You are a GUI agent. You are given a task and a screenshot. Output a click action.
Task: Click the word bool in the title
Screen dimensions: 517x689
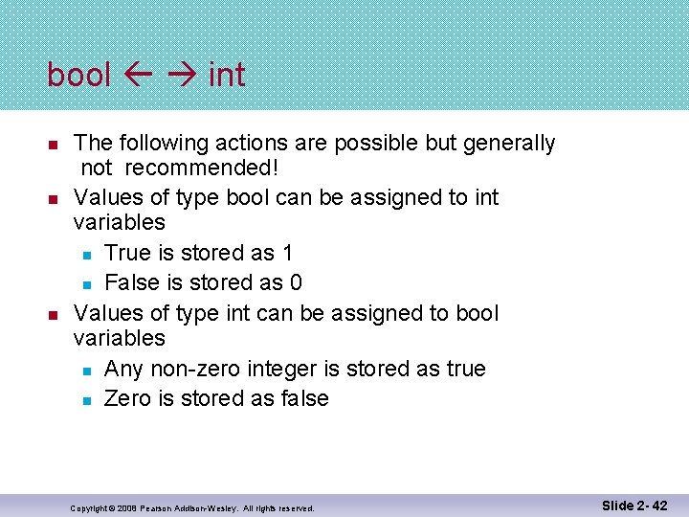[79, 75]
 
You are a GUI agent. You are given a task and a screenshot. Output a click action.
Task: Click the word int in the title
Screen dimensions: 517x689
[227, 75]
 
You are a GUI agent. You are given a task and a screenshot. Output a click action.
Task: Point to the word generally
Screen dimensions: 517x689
[508, 144]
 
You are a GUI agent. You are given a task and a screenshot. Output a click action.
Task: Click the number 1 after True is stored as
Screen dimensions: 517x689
[287, 253]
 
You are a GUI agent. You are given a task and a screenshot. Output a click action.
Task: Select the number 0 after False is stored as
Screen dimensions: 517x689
[296, 282]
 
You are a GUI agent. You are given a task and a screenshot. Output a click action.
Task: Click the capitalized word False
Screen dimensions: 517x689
[130, 282]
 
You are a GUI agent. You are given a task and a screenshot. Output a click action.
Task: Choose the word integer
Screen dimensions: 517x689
[293, 369]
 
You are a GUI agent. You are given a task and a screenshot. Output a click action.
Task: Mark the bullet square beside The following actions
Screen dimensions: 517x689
[54, 145]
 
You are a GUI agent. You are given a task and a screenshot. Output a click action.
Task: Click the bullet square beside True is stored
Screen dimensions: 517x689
[85, 255]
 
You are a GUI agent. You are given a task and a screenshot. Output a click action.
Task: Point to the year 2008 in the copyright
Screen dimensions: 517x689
[122, 508]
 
